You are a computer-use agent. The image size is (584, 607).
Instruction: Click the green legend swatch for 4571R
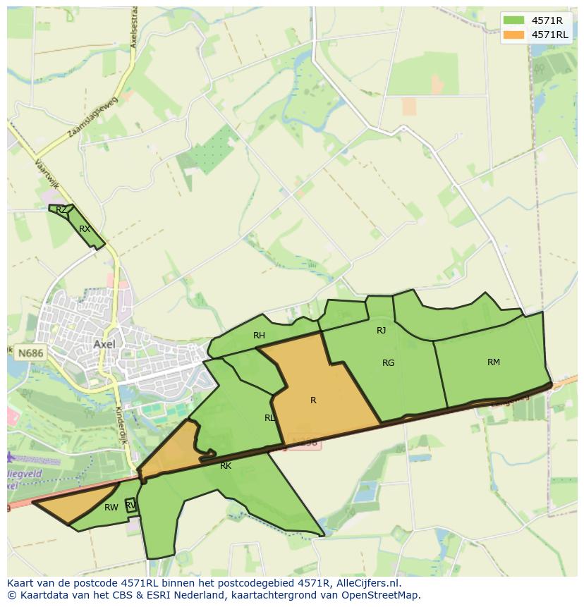pos(514,20)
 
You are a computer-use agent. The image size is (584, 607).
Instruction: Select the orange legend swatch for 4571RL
pos(514,35)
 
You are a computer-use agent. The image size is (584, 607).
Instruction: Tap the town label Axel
pos(104,344)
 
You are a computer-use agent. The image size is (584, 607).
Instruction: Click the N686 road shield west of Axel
pos(30,351)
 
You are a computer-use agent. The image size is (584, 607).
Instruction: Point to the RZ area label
pos(61,209)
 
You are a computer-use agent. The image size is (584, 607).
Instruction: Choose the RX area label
pos(85,229)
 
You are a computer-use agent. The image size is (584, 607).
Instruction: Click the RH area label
pos(259,336)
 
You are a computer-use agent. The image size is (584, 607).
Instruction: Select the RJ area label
pos(381,330)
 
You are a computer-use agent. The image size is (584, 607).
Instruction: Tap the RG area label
pos(388,363)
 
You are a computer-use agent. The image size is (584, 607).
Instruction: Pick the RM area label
pos(494,362)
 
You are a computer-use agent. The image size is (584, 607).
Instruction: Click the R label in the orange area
pos(313,400)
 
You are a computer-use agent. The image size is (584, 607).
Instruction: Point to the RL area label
pos(269,418)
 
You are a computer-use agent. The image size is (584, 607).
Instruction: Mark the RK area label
pos(226,466)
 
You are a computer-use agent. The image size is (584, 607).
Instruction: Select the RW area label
pos(111,508)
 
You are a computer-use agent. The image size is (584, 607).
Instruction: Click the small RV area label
pos(130,505)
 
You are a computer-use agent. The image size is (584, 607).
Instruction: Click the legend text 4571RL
pos(549,35)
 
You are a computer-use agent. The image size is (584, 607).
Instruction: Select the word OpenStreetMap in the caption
pos(381,595)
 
